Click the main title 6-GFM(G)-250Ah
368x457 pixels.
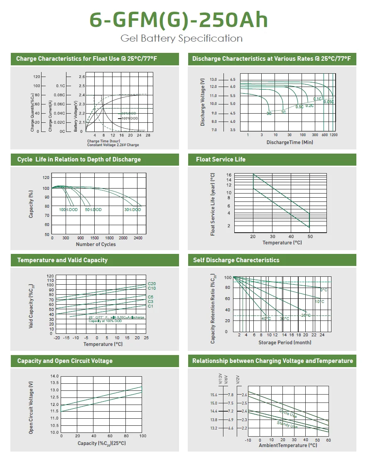point(179,20)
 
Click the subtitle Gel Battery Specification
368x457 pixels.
point(182,39)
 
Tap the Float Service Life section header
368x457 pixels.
point(221,159)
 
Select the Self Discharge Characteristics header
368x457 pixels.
point(236,260)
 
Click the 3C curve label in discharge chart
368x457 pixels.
point(269,113)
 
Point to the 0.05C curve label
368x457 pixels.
point(329,102)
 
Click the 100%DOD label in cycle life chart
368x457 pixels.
point(68,210)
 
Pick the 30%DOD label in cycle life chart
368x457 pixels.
point(132,210)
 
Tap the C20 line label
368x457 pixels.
point(152,283)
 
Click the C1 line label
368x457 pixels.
point(150,306)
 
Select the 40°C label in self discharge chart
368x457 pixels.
point(266,319)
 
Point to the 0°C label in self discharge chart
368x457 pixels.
point(324,290)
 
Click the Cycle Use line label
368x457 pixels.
point(288,414)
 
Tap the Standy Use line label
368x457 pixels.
point(287,425)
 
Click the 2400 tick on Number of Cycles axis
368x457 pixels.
point(138,238)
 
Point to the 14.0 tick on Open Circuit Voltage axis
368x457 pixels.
point(54,376)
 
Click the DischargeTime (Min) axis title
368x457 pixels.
point(289,142)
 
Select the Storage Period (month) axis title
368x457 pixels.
point(285,343)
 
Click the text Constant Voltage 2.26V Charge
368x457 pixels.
point(113,145)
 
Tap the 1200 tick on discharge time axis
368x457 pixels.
point(333,135)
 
